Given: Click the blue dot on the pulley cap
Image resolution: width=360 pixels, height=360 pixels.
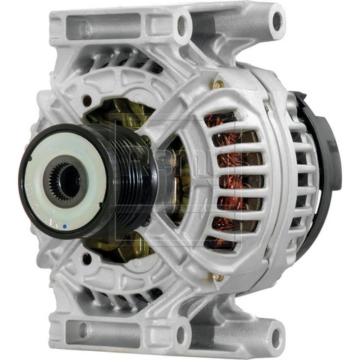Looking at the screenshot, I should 67,223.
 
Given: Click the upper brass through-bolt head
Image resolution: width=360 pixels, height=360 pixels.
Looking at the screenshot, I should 219,85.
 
